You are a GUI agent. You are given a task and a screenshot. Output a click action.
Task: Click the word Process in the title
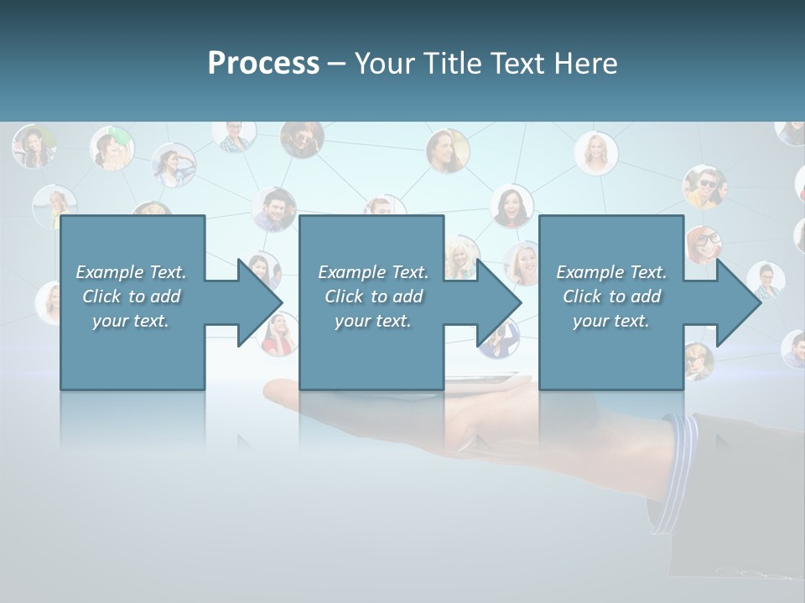263,64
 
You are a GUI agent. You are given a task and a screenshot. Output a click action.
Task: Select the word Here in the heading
585,64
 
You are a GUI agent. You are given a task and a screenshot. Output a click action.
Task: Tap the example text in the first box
131,296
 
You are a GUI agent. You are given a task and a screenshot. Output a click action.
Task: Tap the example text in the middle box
373,296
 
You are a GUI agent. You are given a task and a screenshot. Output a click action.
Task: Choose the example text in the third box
611,296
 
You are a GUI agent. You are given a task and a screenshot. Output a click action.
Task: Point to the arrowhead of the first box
260,302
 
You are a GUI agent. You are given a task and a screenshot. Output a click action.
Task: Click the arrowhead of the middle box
500,302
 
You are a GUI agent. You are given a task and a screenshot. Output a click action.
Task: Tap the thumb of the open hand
281,389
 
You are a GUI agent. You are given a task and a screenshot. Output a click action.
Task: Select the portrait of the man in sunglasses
704,185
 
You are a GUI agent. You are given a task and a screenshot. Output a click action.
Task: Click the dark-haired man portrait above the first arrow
274,209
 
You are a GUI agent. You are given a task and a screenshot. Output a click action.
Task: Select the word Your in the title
382,64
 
